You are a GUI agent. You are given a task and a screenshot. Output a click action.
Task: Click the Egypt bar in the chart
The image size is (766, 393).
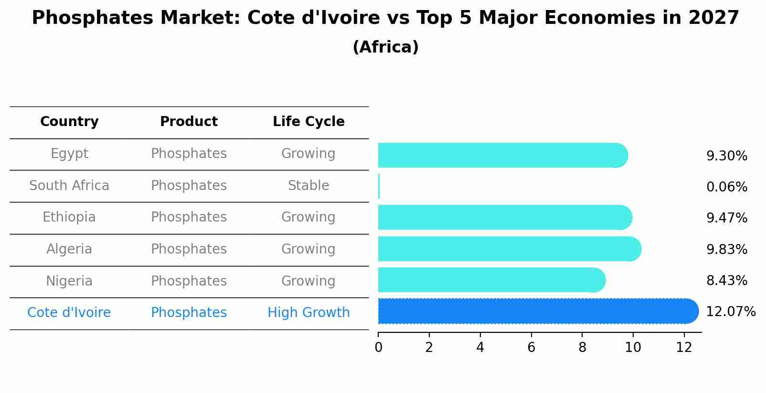(501, 155)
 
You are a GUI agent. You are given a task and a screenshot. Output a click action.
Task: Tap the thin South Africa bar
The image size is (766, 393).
(379, 186)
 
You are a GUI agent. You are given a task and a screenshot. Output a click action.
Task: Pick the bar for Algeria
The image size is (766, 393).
(509, 249)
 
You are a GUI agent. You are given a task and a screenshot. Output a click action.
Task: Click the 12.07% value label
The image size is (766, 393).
(730, 312)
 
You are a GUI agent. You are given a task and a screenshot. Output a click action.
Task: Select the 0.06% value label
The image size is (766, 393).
(726, 187)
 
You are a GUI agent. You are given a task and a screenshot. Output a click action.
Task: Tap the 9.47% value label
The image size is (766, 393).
(726, 218)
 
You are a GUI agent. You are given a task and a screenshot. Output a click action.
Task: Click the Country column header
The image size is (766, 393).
(69, 122)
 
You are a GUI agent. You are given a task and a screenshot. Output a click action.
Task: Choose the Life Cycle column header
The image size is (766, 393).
(309, 122)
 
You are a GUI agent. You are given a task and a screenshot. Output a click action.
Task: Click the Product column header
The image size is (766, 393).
(189, 122)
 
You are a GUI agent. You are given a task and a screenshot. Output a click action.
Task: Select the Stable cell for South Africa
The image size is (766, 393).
(309, 186)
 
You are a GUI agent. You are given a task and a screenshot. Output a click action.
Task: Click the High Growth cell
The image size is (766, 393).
(309, 313)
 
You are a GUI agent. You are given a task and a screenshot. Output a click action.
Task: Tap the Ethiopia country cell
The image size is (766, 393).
(69, 217)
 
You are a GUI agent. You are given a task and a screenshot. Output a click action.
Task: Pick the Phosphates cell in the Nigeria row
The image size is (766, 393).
(189, 281)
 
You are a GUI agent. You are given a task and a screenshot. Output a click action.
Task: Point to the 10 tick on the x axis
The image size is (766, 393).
(633, 347)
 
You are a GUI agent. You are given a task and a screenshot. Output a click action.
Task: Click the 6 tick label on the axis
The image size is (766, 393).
(531, 347)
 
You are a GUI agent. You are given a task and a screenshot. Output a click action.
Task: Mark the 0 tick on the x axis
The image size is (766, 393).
(378, 347)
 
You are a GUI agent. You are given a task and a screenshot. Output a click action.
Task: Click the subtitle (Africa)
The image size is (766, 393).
(385, 47)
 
